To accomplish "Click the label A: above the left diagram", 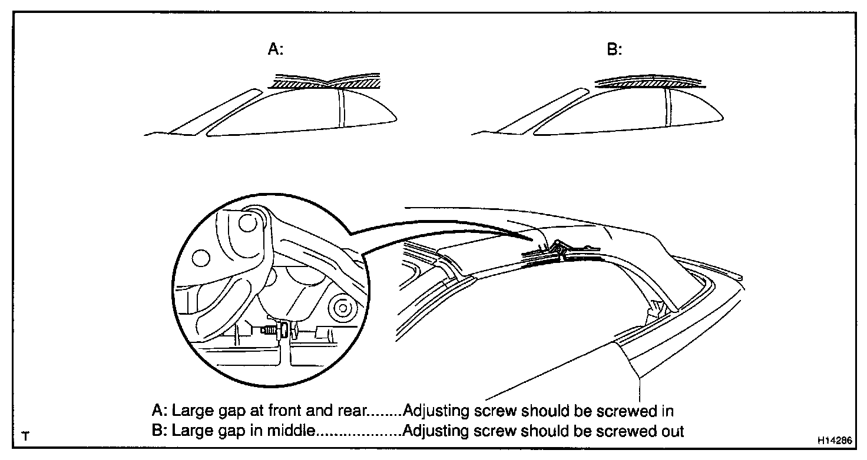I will (276, 50).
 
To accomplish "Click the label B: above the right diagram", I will (614, 50).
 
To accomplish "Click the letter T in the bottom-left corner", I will (25, 437).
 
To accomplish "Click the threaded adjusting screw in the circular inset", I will (270, 330).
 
